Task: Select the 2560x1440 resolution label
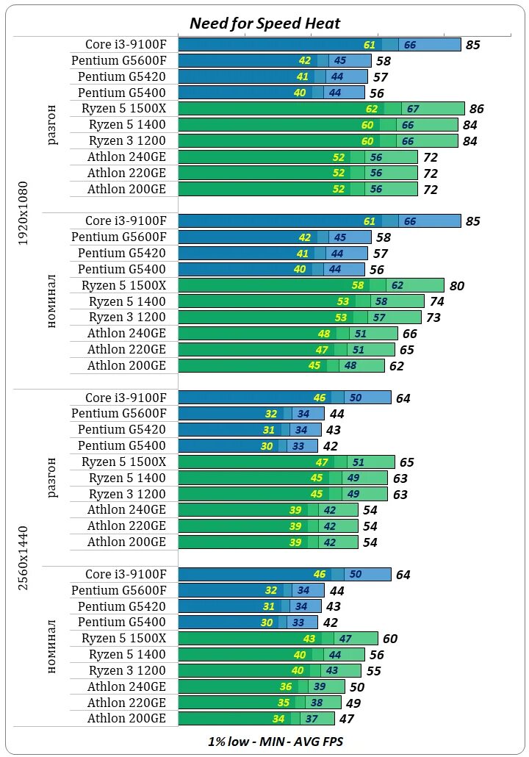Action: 24,558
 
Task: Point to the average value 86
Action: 476,109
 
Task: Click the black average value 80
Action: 456,286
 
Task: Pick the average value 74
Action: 436,301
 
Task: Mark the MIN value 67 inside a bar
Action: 413,109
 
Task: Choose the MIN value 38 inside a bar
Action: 317,703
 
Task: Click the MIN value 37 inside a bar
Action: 312,719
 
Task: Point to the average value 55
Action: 373,671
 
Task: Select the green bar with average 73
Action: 300,317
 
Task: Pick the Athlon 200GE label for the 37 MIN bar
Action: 126,719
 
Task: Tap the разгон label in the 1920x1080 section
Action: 51,125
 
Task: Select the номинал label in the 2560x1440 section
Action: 51,646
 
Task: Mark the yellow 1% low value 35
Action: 284,703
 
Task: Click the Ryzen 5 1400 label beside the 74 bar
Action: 127,301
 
